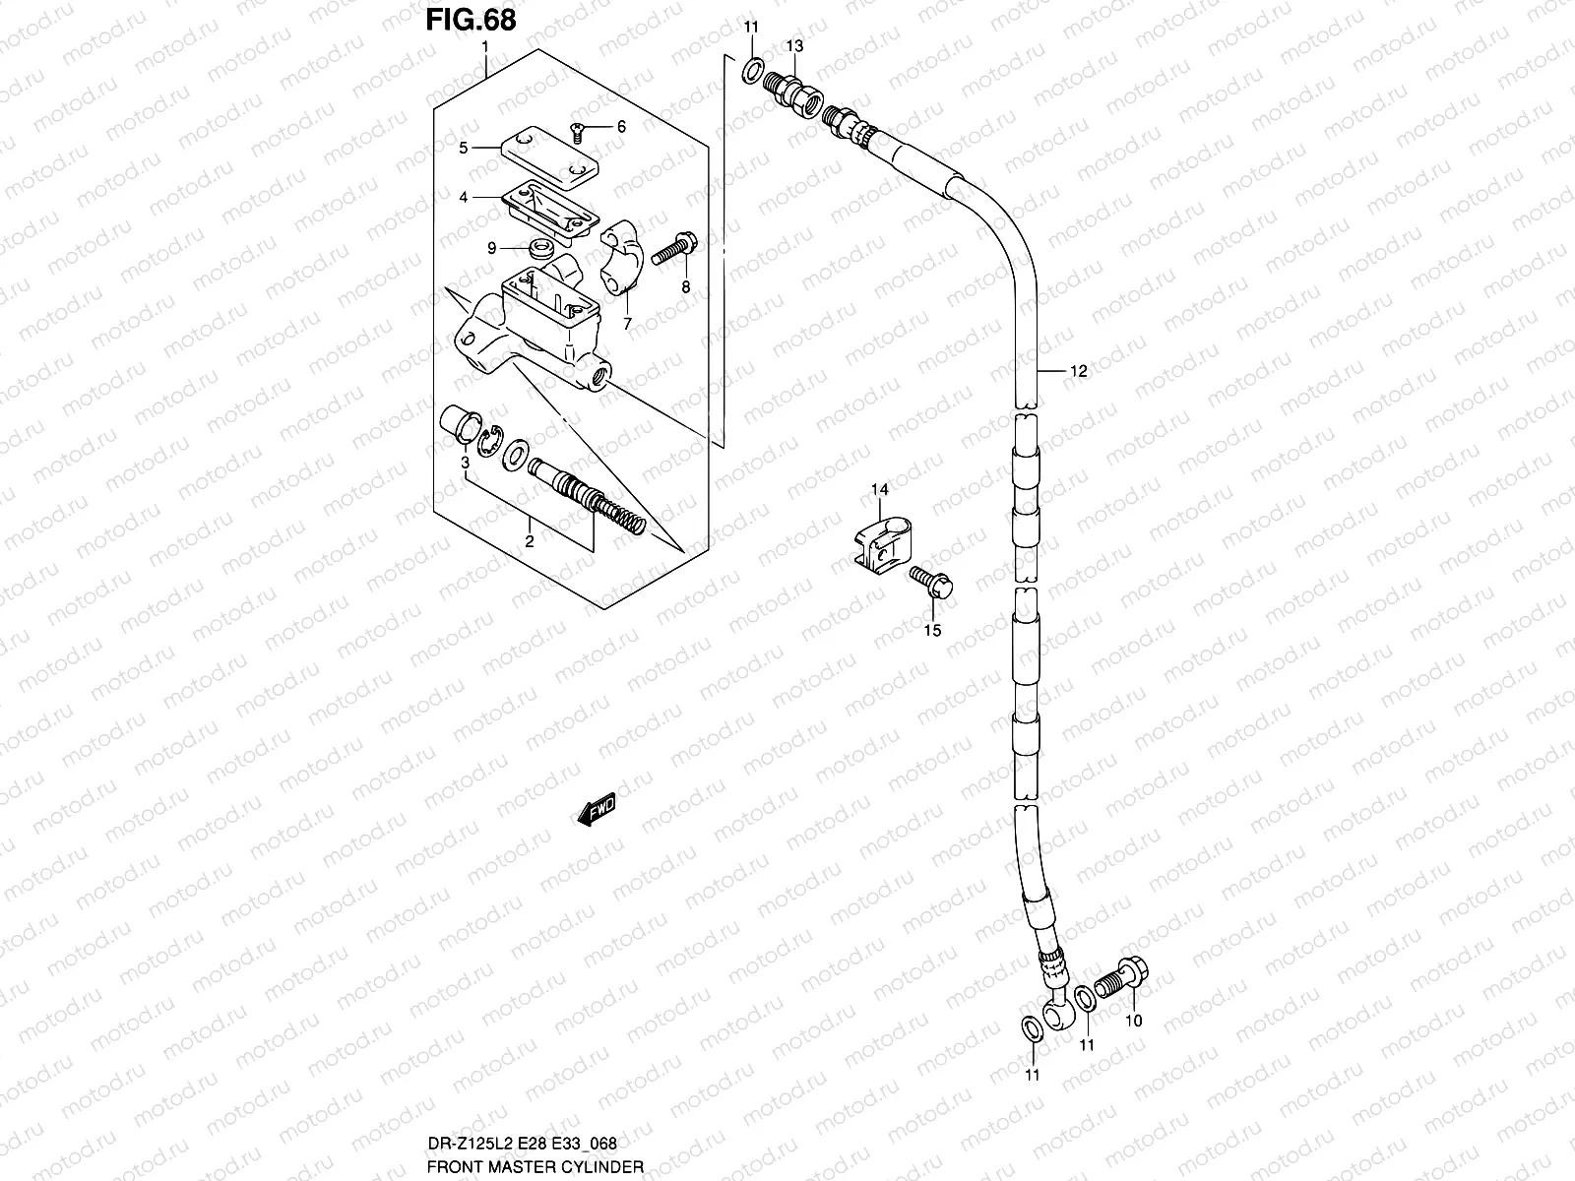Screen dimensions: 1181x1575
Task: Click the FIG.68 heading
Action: pos(471,20)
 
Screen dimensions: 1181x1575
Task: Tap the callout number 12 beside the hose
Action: pos(1078,371)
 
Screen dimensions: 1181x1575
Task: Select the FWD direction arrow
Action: pos(597,809)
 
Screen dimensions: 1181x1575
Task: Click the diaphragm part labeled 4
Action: pos(546,211)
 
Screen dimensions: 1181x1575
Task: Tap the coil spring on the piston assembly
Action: pos(620,517)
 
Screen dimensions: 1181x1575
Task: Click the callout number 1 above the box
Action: pos(484,47)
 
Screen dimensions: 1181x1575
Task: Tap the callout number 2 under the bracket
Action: pos(529,540)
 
